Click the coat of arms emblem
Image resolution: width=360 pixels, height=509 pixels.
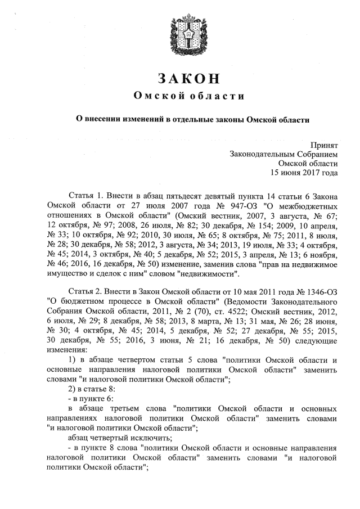coord(180,35)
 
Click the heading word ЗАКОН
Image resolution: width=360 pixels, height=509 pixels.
coord(180,78)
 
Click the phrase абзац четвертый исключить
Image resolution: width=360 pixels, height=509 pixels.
coord(116,437)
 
